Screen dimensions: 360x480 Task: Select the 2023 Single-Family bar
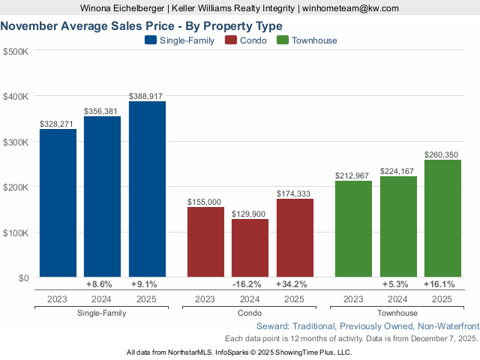tap(58, 203)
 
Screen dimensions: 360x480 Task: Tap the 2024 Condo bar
tap(250, 248)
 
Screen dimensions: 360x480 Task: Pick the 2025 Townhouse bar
tap(442, 218)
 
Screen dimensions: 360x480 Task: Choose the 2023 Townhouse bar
tap(353, 229)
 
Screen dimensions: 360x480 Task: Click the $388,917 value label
tap(147, 96)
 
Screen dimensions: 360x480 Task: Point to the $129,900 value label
tap(250, 214)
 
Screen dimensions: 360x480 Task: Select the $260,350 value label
tap(442, 154)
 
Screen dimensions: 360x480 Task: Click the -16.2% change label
tap(250, 285)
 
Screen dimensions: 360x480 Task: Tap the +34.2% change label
tap(295, 285)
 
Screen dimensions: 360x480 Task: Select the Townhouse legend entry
tap(307, 40)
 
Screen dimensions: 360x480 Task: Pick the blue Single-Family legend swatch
tap(151, 40)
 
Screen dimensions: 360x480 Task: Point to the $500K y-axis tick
tap(16, 51)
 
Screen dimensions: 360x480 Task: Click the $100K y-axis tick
tap(16, 232)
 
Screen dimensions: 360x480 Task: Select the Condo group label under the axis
tap(250, 313)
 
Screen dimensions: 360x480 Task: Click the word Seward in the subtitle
tap(272, 326)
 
